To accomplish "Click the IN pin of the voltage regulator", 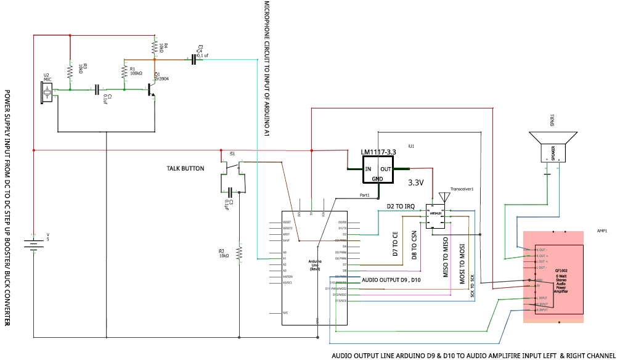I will click(x=369, y=168).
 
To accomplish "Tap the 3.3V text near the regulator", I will click(x=416, y=183).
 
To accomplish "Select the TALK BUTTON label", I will click(x=185, y=168).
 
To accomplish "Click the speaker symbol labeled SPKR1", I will click(x=553, y=148).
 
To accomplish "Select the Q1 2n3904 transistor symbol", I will click(x=150, y=90).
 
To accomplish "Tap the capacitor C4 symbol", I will click(x=194, y=59).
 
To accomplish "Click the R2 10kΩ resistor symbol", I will click(x=240, y=252).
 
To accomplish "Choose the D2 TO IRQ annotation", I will click(x=404, y=206).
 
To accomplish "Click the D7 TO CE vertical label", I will click(x=395, y=244).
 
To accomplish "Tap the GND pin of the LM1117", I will click(x=377, y=179).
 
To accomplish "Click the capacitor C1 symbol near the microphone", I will click(x=97, y=90).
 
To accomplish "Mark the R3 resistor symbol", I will click(x=71, y=70).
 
